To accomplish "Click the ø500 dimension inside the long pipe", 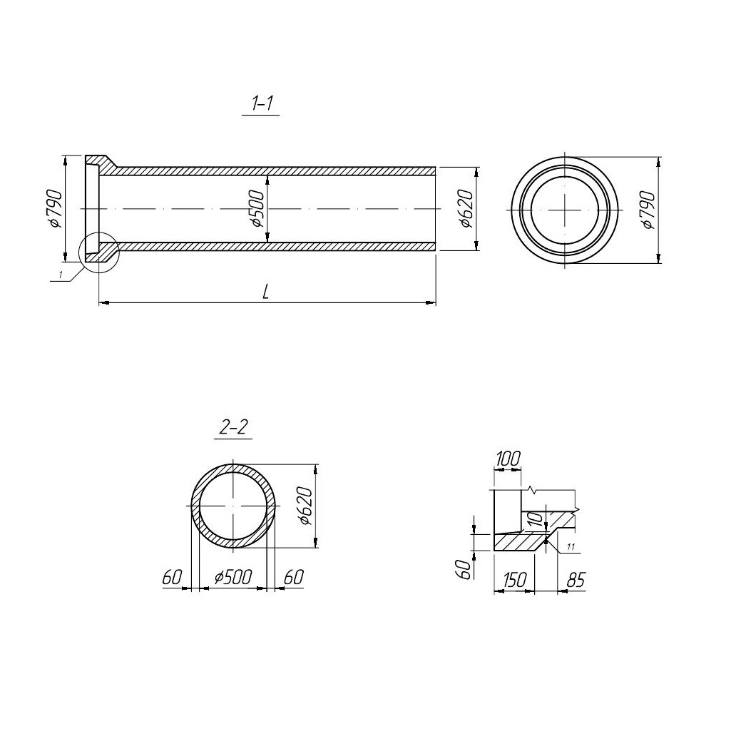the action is [257, 208].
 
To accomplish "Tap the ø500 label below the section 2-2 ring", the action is [233, 577].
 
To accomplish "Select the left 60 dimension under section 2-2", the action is [172, 578].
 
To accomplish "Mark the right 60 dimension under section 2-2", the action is [294, 577].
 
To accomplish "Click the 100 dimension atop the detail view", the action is [508, 459].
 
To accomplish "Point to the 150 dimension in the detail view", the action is [514, 580].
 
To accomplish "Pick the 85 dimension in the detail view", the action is [576, 580].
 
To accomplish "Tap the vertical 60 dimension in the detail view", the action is [464, 570].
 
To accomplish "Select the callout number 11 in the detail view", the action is [571, 546].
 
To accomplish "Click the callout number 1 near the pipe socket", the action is [60, 275].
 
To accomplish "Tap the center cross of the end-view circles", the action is [565, 210].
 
